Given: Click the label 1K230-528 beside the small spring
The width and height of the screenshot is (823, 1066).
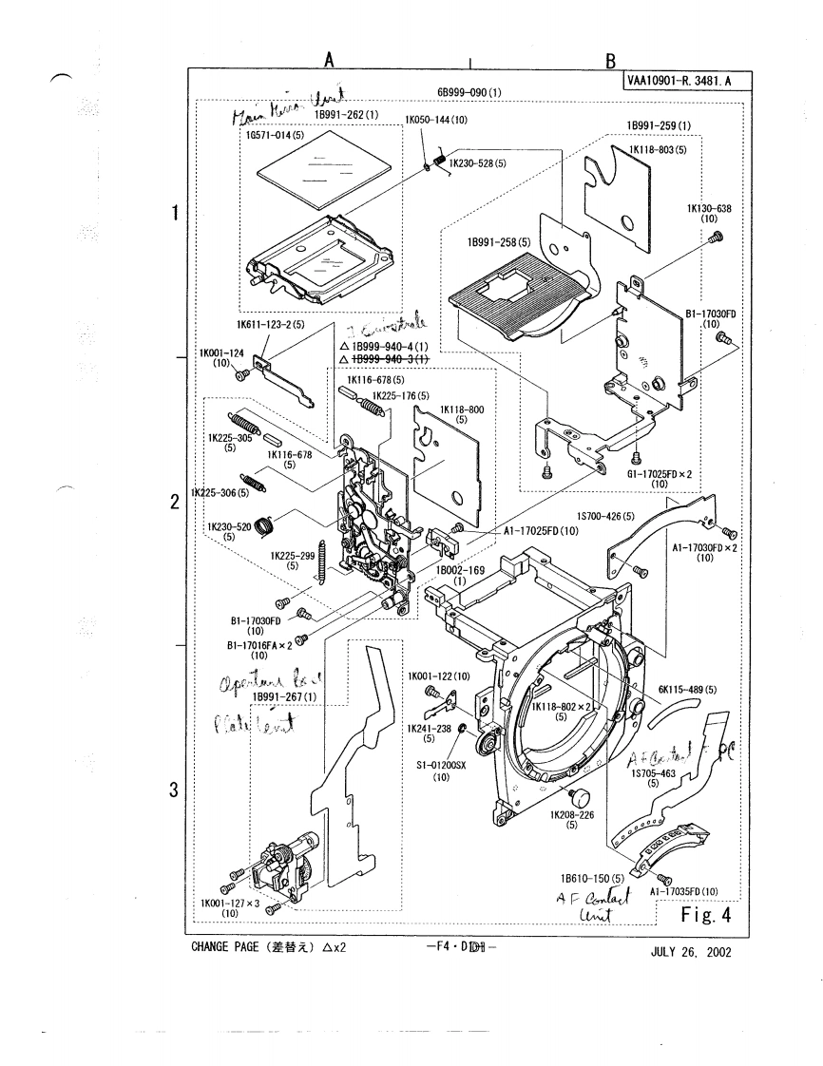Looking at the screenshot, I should (x=477, y=162).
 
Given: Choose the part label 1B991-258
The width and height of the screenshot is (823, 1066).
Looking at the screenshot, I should (x=498, y=242).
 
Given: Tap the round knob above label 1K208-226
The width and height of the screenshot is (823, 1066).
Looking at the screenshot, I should (x=574, y=794).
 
